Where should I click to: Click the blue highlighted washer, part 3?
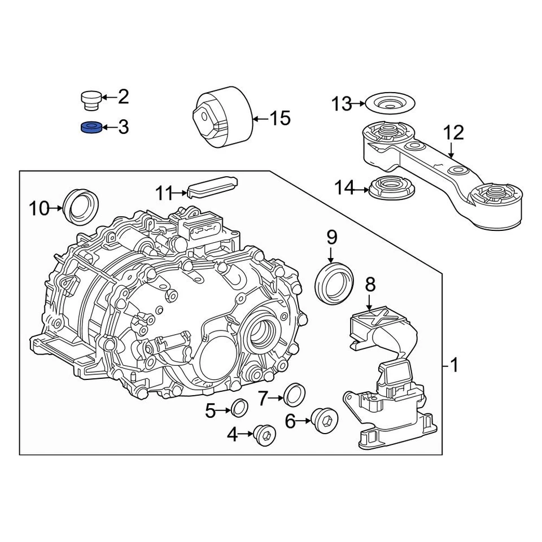click(91, 128)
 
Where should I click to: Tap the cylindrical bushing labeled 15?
click(223, 119)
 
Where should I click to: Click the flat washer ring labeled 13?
click(390, 104)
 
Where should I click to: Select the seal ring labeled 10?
click(82, 207)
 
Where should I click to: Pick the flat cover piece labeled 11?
click(212, 187)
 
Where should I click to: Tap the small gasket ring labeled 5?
click(239, 408)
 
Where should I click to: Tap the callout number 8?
click(370, 286)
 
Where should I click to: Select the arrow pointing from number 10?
click(56, 208)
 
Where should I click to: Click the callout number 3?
click(123, 128)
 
